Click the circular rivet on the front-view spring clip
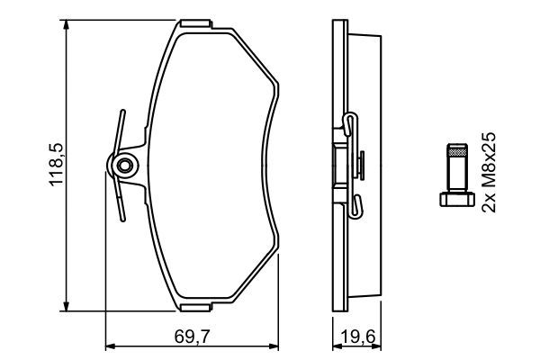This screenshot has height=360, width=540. (x=121, y=165)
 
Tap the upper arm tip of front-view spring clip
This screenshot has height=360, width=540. (x=120, y=114)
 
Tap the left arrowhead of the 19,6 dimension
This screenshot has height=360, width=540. (x=334, y=345)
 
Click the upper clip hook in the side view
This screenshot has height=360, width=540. (x=351, y=122)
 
